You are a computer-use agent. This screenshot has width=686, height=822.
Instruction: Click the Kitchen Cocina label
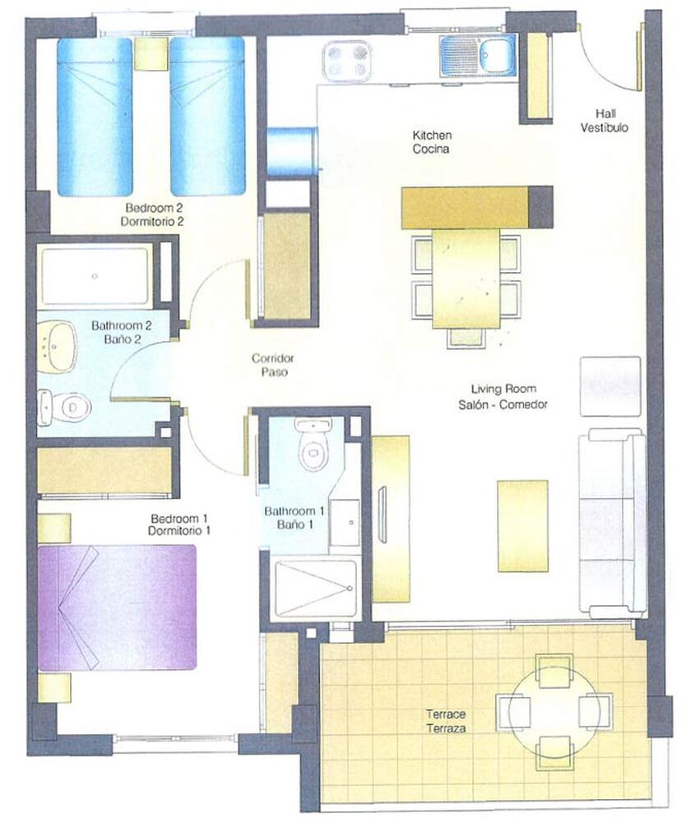coord(431,142)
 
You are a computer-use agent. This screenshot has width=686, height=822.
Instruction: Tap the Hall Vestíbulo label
coord(605,121)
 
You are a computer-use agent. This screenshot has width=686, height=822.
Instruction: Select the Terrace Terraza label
coord(446,721)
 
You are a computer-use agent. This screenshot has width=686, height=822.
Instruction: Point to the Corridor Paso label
coord(273,365)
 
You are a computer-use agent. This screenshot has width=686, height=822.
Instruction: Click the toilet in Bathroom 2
coord(64,406)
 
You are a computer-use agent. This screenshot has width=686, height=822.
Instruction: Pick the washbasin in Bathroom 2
coord(58,348)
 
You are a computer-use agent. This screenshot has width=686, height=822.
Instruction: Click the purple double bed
coord(118,607)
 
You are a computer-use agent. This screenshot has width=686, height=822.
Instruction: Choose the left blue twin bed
coord(95,117)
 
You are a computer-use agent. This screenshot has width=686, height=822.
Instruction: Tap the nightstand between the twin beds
coord(151,54)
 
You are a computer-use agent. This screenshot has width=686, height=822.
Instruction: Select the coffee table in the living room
coord(523,526)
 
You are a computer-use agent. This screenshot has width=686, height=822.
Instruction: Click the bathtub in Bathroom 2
coord(95,276)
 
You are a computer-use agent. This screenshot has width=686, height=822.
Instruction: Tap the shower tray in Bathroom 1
coord(316,589)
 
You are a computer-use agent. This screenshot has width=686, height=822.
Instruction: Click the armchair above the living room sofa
coord(610,386)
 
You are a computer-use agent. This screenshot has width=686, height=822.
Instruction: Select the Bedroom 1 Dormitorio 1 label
coord(178,524)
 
